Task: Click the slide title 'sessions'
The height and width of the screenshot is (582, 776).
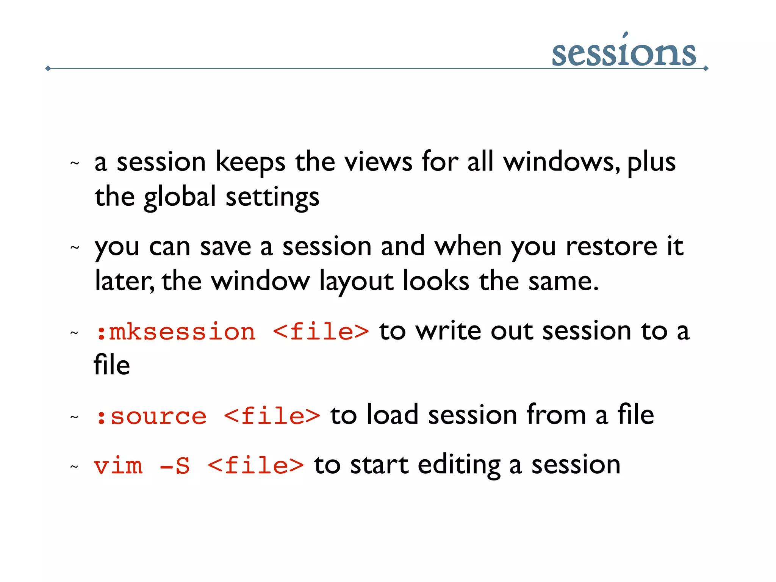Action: point(624,53)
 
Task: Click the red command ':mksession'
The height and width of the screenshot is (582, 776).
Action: point(175,332)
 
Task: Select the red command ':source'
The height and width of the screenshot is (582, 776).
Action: point(151,416)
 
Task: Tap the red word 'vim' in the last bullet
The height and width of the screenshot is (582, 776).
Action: point(118,466)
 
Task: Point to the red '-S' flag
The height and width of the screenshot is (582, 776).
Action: point(175,466)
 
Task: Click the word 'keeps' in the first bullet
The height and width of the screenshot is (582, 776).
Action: point(250,162)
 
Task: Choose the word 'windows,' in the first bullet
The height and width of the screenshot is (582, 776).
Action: point(562,162)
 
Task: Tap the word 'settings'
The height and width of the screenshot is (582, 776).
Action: point(272,197)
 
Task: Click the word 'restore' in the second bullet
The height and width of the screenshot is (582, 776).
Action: point(611,247)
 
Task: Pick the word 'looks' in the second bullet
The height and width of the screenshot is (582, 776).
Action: point(436,281)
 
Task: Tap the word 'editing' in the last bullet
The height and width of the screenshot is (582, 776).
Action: point(459,465)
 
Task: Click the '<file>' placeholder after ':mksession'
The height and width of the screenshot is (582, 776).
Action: point(321,332)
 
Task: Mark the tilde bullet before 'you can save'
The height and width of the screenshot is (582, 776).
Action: point(75,248)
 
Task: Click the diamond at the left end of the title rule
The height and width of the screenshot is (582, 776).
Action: point(48,69)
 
